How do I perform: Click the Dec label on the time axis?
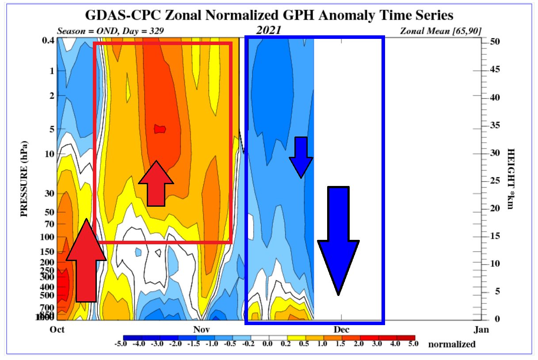341,330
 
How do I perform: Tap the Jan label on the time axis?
481,330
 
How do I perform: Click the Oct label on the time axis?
57,330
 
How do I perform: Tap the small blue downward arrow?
301,157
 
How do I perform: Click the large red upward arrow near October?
86,261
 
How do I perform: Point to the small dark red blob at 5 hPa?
160,129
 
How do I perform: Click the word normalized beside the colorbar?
451,344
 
